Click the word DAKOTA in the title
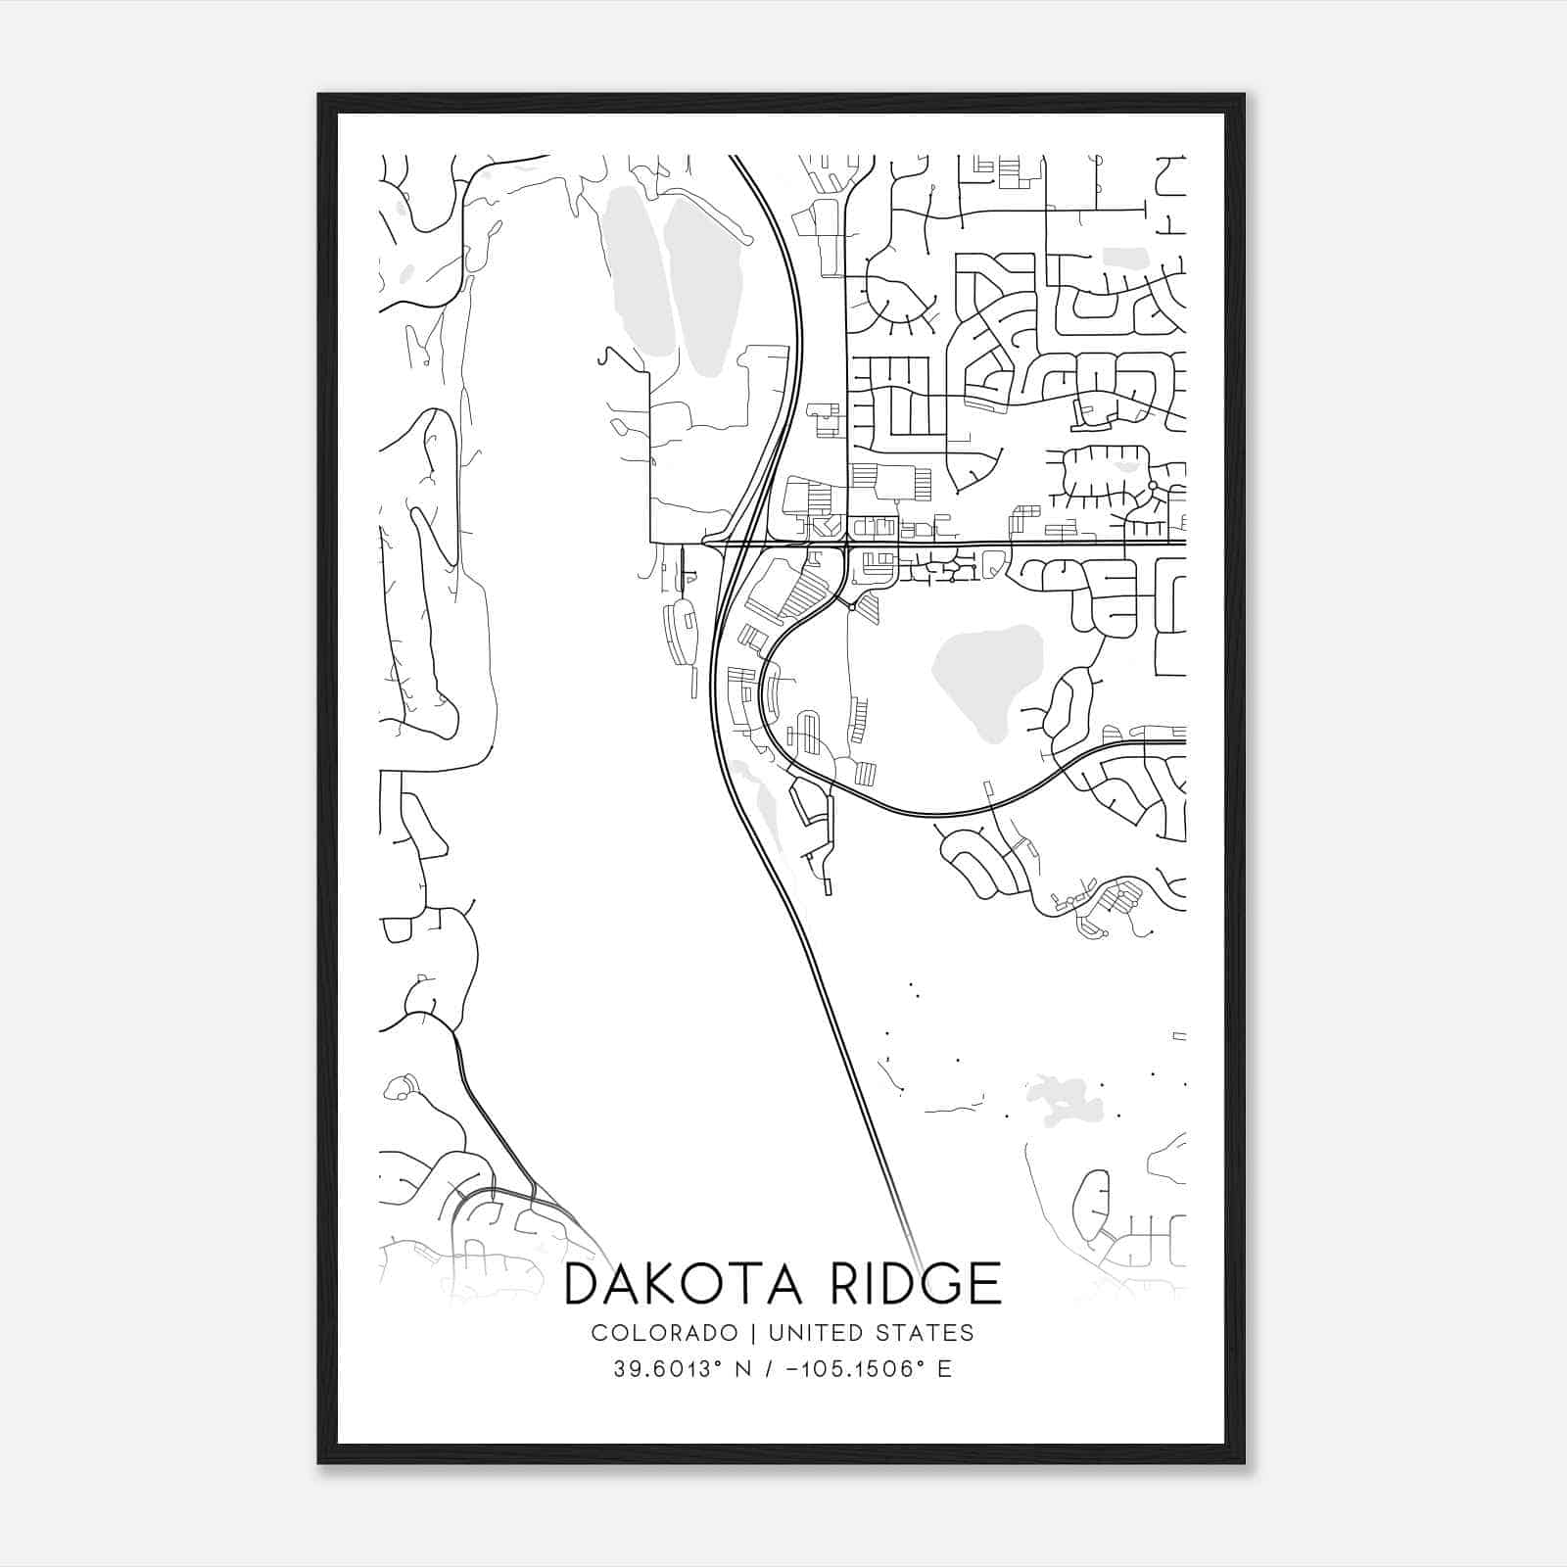click(x=684, y=1284)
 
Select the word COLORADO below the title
click(x=664, y=1332)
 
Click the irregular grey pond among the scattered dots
click(x=1061, y=1100)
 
